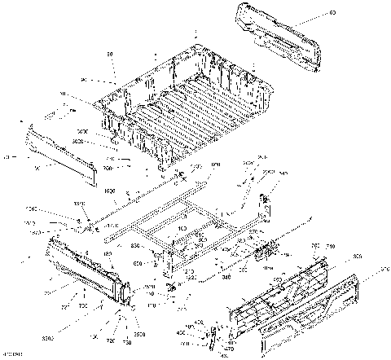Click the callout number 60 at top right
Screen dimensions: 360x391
[332, 14]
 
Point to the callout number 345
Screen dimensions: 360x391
[283, 173]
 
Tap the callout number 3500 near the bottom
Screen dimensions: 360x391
[138, 334]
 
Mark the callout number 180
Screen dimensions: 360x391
[107, 253]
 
